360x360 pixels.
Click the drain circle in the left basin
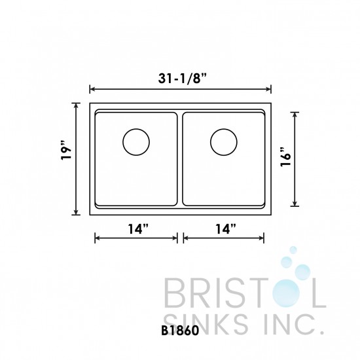pos(136,141)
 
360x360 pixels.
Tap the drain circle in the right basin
pos(224,141)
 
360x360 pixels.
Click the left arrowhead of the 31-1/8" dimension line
pos(92,89)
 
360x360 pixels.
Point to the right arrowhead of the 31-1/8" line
pos(269,89)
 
